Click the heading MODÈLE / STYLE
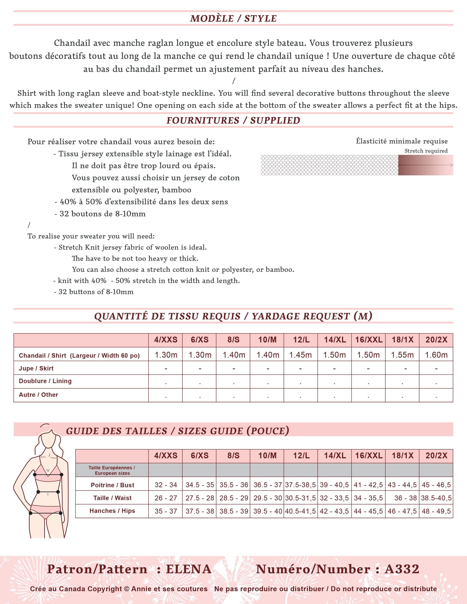click(x=233, y=18)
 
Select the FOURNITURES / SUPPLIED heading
click(x=233, y=120)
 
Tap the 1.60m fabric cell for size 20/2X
click(x=436, y=355)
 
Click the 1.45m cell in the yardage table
click(x=301, y=355)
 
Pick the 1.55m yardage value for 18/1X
click(x=402, y=355)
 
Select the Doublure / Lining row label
click(x=45, y=381)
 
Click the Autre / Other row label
click(x=38, y=395)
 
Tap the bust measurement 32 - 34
click(x=166, y=485)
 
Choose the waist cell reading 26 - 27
click(x=166, y=498)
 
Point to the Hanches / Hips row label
click(x=112, y=511)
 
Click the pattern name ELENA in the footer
click(x=189, y=569)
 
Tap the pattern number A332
click(x=402, y=569)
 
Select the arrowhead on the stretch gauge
click(x=451, y=165)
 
